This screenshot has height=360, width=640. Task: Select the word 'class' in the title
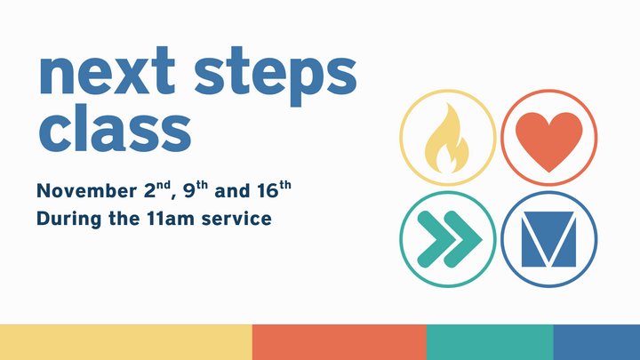pos(114,130)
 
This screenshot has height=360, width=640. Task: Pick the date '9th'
pos(193,189)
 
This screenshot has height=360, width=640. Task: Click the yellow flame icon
pos(447,140)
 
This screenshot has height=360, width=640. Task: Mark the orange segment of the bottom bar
pos(339,342)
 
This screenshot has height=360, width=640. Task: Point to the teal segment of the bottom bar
pos(490,342)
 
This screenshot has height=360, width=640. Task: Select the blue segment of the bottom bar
pos(596,342)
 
